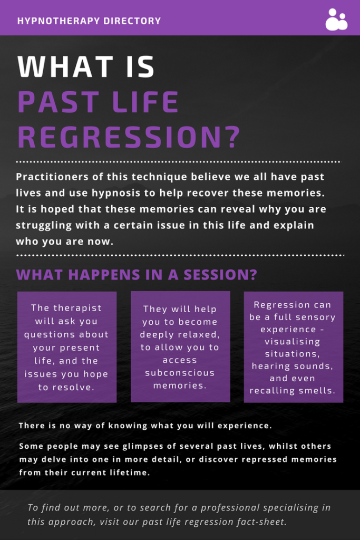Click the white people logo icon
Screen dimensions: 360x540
[x=336, y=20]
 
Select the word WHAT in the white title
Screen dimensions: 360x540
[x=65, y=66]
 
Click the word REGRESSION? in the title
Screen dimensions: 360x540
[x=129, y=138]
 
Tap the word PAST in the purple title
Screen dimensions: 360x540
[x=59, y=102]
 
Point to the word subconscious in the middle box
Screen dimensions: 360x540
[x=180, y=373]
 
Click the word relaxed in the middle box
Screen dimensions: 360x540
[x=201, y=335]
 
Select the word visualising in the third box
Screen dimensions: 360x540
[x=292, y=342]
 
